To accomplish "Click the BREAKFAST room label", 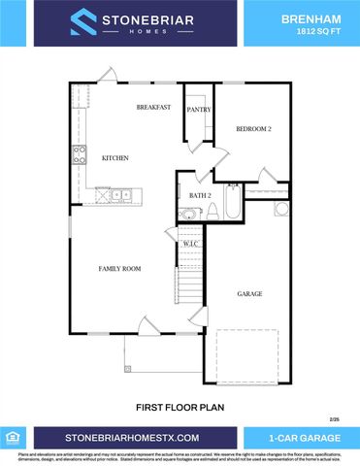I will click(x=153, y=107).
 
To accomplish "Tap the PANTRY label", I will click(x=199, y=111).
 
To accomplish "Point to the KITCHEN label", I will click(x=115, y=158).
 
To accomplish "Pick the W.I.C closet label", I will click(x=190, y=244).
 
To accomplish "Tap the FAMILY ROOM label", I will click(x=120, y=268).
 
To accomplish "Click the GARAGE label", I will click(x=250, y=293).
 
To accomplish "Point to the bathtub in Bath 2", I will click(x=233, y=202).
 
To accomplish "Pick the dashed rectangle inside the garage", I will click(x=246, y=355).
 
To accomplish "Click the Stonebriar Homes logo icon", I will click(x=82, y=22).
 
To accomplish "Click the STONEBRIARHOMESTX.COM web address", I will click(x=132, y=437).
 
